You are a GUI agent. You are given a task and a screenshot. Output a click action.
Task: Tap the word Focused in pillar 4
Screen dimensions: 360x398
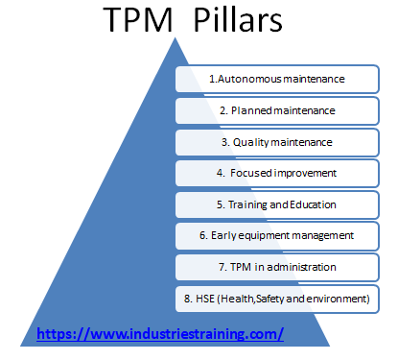(250, 173)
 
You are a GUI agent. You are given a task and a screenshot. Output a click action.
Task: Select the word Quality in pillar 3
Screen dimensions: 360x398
(251, 141)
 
